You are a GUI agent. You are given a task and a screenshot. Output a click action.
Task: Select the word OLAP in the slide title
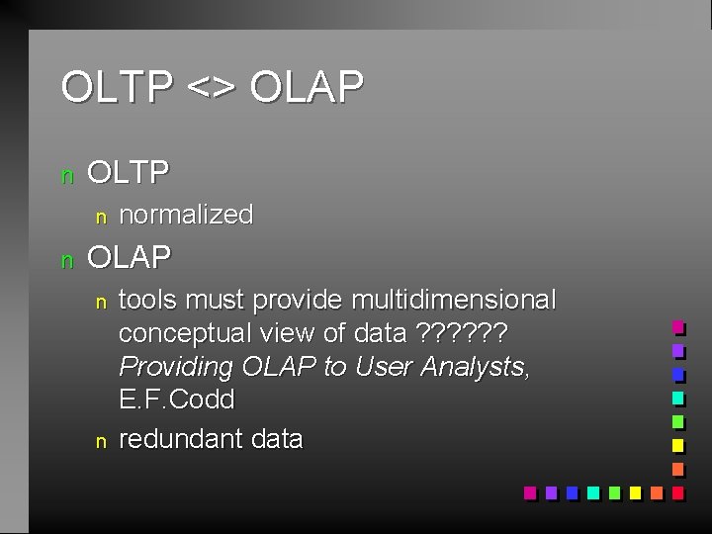click(x=307, y=87)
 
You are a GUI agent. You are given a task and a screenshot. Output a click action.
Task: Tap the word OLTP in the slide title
click(x=117, y=87)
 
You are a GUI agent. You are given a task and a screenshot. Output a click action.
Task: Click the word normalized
click(x=186, y=215)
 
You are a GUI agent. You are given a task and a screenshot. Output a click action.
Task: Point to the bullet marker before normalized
click(x=99, y=216)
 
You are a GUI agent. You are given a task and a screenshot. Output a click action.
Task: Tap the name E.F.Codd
click(x=177, y=400)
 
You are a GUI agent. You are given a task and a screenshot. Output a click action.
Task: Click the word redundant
click(x=177, y=439)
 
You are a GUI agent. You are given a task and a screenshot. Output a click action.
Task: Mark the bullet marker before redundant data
click(x=99, y=441)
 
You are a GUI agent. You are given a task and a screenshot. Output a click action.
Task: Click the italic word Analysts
click(x=475, y=367)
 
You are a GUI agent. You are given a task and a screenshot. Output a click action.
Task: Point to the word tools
click(x=148, y=300)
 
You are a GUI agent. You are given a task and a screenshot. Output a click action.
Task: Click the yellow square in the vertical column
click(x=677, y=445)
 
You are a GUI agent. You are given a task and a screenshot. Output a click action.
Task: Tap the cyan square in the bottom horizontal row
click(x=592, y=491)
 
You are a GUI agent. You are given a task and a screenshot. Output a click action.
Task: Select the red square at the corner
click(x=677, y=491)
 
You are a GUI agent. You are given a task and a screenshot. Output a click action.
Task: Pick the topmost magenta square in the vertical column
click(x=677, y=326)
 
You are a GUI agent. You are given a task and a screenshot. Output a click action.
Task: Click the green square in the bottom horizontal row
click(x=614, y=491)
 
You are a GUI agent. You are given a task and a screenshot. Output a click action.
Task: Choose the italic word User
click(x=383, y=367)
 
